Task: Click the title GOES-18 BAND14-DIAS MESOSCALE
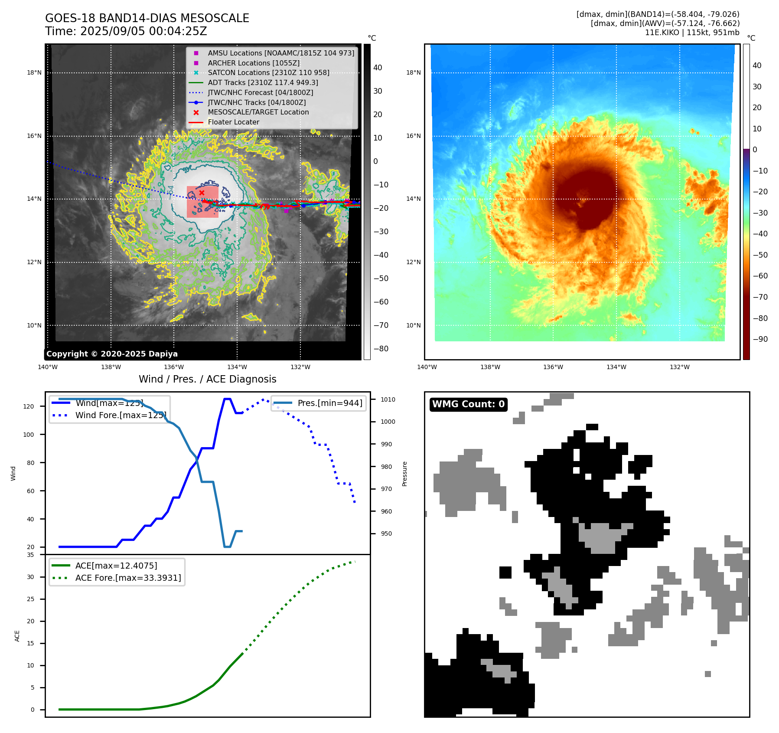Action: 147,18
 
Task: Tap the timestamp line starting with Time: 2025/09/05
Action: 126,31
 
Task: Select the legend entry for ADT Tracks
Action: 263,82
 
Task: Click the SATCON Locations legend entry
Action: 268,72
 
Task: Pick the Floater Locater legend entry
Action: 233,122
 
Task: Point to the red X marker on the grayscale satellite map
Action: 202,193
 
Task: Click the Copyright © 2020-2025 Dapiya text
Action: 112,353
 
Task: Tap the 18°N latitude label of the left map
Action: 34,72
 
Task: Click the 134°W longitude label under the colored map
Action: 616,367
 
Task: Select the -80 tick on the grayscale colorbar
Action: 381,348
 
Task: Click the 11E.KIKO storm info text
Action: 692,33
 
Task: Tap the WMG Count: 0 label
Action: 468,404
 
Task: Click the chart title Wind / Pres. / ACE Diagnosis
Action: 207,379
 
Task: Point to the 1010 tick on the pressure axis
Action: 388,399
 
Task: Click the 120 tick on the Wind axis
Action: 29,406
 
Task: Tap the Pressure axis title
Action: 404,473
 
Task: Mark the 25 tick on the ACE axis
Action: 30,599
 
